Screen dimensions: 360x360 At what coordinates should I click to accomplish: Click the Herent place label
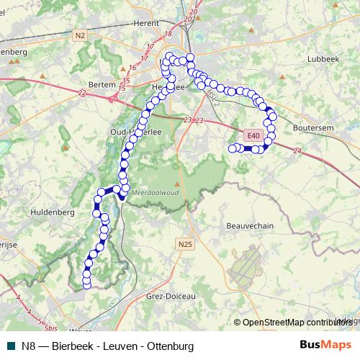[x=145, y=22]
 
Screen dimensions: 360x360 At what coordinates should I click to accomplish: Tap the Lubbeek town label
[x=322, y=58]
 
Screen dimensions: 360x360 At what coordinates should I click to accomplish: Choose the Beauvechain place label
[x=251, y=225]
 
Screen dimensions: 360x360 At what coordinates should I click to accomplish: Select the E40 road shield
[x=251, y=135]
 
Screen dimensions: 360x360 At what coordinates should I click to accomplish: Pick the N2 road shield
[x=79, y=35]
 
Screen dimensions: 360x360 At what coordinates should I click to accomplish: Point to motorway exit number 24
[x=297, y=150]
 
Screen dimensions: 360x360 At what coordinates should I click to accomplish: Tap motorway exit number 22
[x=81, y=92]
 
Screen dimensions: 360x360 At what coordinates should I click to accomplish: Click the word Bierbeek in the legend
[x=71, y=346]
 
